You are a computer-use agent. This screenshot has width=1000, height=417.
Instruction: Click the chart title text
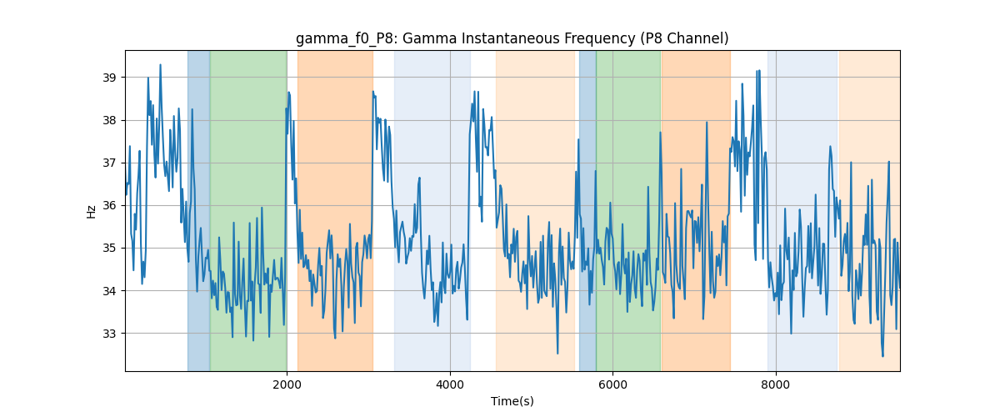[x=512, y=39]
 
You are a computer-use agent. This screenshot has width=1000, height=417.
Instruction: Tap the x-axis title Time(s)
[x=512, y=401]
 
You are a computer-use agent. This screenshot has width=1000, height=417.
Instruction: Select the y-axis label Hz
[x=92, y=212]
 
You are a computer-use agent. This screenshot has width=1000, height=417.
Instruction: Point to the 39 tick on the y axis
[x=109, y=78]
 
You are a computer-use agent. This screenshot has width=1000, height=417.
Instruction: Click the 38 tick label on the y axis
[x=109, y=120]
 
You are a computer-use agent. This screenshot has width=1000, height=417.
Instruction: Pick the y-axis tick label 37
[x=109, y=163]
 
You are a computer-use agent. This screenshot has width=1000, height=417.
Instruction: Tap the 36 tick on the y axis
[x=109, y=206]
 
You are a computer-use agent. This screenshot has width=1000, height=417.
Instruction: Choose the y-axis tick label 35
[x=109, y=248]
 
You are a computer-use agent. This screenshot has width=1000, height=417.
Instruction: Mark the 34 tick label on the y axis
[x=109, y=291]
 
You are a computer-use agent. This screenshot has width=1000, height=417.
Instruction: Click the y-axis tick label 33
[x=109, y=334]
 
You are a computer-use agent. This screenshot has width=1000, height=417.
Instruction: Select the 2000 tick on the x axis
[x=287, y=384]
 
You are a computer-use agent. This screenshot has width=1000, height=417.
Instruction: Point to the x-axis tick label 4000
[x=450, y=384]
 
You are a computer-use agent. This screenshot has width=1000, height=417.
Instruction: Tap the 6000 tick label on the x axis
[x=613, y=384]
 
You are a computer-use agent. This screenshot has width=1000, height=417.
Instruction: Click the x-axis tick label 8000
[x=776, y=384]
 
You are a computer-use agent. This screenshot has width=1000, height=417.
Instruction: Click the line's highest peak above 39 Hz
[x=160, y=65]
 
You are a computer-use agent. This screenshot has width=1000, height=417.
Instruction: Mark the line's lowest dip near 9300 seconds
[x=882, y=356]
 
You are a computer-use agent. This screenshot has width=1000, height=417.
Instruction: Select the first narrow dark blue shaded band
[x=198, y=210]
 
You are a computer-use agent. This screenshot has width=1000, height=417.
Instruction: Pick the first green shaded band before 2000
[x=248, y=210]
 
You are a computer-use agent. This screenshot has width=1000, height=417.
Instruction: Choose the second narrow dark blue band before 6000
[x=587, y=210]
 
